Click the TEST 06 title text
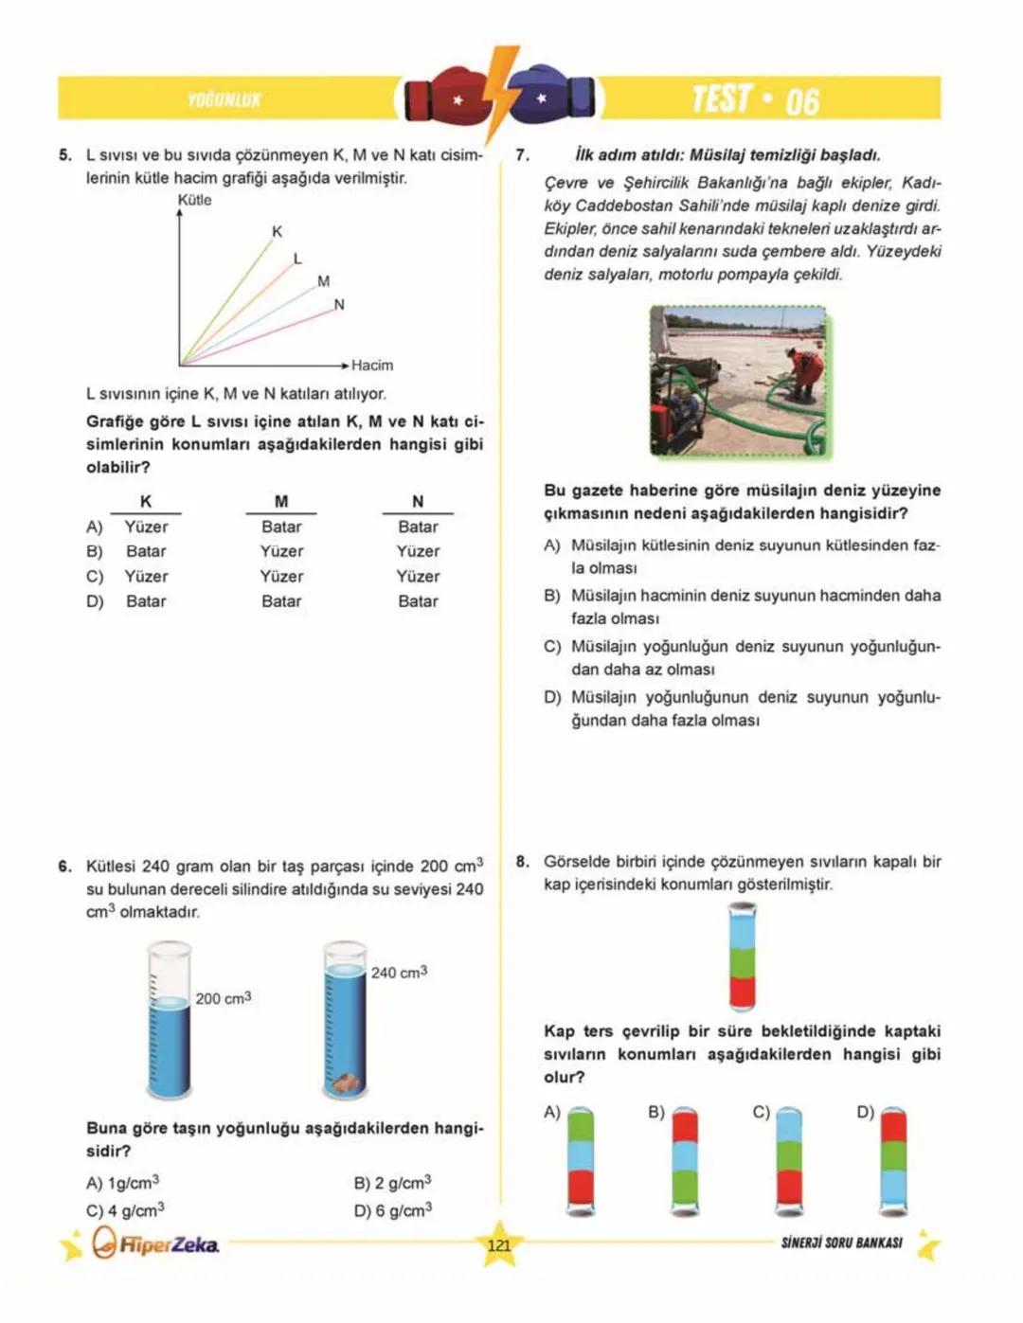coord(755,99)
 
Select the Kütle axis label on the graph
coord(194,200)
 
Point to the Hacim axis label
coord(372,365)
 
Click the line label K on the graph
coord(277,231)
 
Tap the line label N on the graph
coord(339,305)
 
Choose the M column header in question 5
coord(281,501)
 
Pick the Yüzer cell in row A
coord(146,527)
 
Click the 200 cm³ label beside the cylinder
coord(224,998)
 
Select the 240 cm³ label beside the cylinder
coord(399,973)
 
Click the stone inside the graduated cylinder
coord(345,1082)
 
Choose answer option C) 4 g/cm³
coord(125,1209)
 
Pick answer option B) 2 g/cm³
coord(392,1183)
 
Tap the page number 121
coord(498,1245)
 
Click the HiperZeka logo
coord(157,1243)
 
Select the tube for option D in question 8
coord(892,1161)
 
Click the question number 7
coord(523,155)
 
